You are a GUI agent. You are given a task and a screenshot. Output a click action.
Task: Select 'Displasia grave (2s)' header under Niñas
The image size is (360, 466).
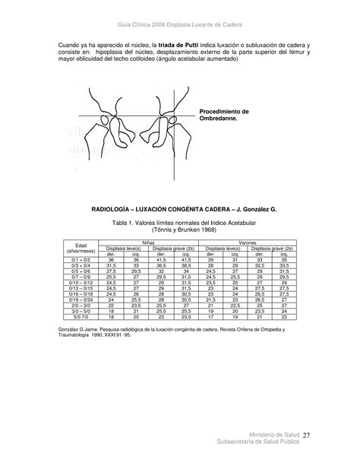pos(173,248)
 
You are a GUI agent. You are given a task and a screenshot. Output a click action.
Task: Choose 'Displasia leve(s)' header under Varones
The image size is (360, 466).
pos(221,248)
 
